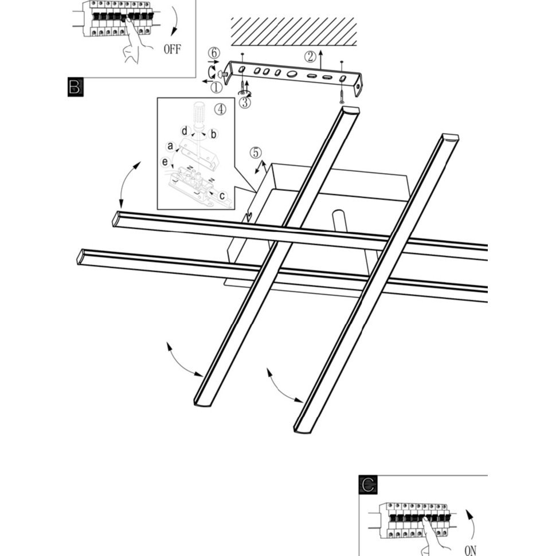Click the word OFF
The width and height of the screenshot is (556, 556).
pyautogui.click(x=172, y=49)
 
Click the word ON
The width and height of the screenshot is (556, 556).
pyautogui.click(x=471, y=550)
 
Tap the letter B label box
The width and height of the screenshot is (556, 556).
pyautogui.click(x=76, y=88)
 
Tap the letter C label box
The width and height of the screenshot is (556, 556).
pyautogui.click(x=367, y=485)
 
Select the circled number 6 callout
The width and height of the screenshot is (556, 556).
pyautogui.click(x=214, y=53)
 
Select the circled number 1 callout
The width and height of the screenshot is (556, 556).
pyautogui.click(x=216, y=87)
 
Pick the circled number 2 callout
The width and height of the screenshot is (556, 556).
pyautogui.click(x=310, y=56)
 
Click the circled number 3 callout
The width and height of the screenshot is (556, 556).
pyautogui.click(x=245, y=103)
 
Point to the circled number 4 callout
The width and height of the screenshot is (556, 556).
pyautogui.click(x=220, y=109)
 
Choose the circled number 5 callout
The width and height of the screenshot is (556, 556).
pyautogui.click(x=256, y=153)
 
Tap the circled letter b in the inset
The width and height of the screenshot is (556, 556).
pyautogui.click(x=213, y=135)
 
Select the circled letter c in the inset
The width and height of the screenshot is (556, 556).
pyautogui.click(x=222, y=195)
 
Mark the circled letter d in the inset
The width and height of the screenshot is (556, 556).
pyautogui.click(x=184, y=130)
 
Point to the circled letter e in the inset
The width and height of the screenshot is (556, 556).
pyautogui.click(x=166, y=162)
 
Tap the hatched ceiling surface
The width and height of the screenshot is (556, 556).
pyautogui.click(x=293, y=32)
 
